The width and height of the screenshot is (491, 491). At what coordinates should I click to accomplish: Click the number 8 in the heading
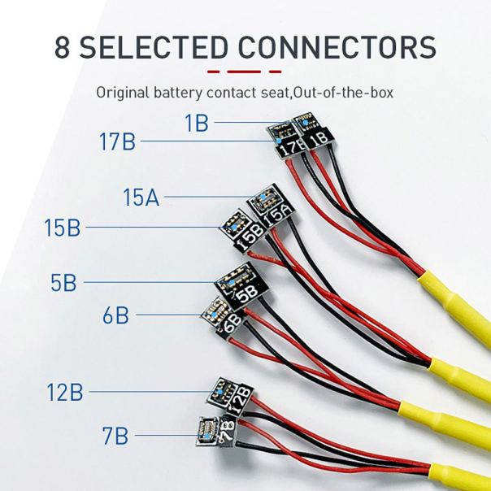coord(62,46)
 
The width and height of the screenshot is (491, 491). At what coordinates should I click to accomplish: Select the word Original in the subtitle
coord(124,92)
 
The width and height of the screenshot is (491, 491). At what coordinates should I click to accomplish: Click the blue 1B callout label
coord(196,124)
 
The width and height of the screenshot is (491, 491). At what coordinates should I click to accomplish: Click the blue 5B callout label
coord(63,284)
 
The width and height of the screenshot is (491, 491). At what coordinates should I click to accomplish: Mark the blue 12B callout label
coord(64,393)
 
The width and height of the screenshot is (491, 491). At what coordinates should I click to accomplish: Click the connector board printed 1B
coord(313,133)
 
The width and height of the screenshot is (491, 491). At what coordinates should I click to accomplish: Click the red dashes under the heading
coord(245,72)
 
